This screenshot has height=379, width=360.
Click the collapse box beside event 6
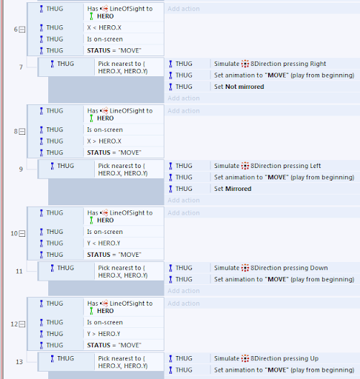click(22, 30)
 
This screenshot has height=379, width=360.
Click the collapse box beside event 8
click(22, 132)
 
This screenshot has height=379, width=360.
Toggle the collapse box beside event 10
click(22, 233)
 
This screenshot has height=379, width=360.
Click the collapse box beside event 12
click(22, 324)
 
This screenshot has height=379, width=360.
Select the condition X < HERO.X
click(104, 27)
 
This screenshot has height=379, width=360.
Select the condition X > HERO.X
click(104, 141)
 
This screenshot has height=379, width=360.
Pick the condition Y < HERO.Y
click(104, 244)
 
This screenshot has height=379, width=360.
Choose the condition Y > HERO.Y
click(104, 334)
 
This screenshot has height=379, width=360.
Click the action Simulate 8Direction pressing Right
click(270, 64)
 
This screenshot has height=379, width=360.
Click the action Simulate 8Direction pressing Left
click(267, 166)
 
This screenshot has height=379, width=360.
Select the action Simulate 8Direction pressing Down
click(271, 268)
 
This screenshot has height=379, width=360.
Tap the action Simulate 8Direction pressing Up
click(266, 358)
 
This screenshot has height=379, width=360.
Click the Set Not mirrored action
click(239, 87)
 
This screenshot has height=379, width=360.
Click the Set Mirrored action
click(233, 189)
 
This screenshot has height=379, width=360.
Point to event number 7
click(21, 67)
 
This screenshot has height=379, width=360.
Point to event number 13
click(19, 362)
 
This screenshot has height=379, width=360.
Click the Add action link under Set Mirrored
click(184, 201)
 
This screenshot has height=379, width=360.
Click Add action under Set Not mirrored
click(184, 98)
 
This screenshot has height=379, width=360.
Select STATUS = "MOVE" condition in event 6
click(114, 50)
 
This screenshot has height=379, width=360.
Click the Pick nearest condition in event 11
click(123, 272)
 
